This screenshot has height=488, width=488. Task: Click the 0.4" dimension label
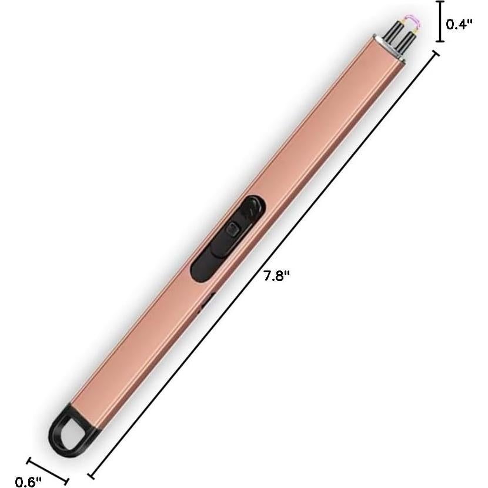pos(459,24)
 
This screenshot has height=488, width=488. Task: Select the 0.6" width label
pos(28,482)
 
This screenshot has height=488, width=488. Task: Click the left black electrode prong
pos(391,39)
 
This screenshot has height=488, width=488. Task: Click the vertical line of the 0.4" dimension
pos(439,22)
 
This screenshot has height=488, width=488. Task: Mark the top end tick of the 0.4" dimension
pos(439,3)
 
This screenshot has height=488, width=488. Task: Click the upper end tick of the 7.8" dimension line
pos(437,54)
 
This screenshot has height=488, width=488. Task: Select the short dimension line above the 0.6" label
pos(48,470)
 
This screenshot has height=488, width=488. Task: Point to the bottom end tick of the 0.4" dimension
pos(439,42)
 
